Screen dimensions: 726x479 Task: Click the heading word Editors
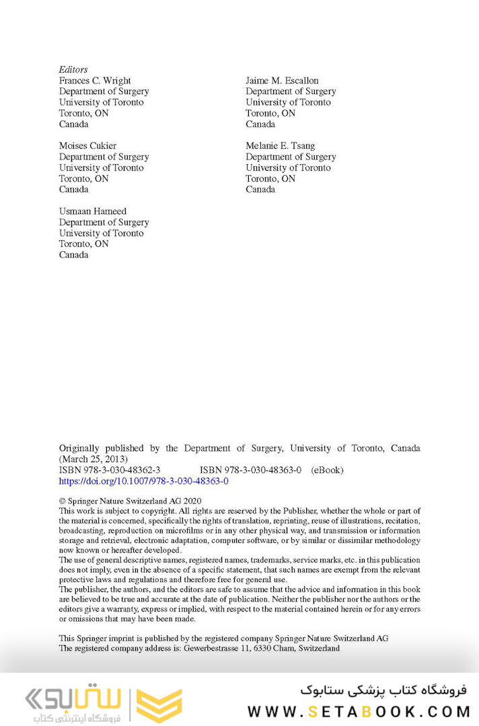point(73,69)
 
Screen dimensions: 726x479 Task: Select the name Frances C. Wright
point(95,81)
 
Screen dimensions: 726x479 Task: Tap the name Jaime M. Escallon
point(282,81)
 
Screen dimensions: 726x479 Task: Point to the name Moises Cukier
point(87,146)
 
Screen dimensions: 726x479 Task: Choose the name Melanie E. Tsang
point(280,146)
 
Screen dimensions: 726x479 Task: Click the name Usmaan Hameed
point(93,211)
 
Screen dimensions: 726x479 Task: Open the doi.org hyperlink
point(143,481)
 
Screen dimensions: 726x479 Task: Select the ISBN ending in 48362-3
point(109,470)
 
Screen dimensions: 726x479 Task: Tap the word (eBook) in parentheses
point(327,470)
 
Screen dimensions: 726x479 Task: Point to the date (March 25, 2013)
point(94,459)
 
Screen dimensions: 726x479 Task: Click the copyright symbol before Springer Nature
point(63,501)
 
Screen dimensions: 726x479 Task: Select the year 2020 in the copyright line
point(192,501)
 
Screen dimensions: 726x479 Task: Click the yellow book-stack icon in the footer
point(159,704)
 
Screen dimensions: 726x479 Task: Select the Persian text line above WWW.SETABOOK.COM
point(384,690)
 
